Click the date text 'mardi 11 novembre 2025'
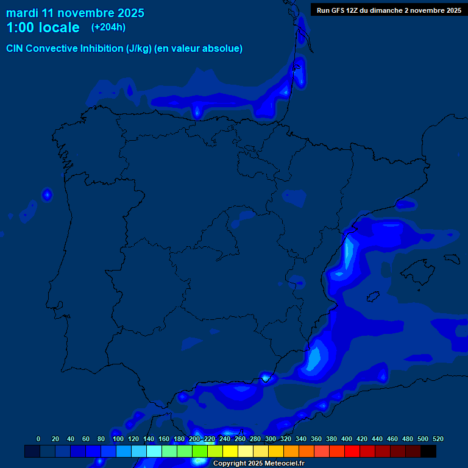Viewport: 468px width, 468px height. coord(75,13)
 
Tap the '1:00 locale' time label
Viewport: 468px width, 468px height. coord(43,27)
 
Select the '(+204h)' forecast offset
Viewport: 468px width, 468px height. coord(108,27)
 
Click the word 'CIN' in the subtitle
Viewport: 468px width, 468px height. coord(16,49)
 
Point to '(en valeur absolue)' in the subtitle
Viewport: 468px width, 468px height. coord(199,49)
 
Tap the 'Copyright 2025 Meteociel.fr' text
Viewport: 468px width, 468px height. coord(259,463)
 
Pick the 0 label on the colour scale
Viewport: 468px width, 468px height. coord(38,439)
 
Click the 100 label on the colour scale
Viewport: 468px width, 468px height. coord(118,439)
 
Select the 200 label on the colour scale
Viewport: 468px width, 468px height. coord(194,439)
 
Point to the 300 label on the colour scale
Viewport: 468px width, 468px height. coord(271,439)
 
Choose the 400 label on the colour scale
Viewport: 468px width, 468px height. coord(347,439)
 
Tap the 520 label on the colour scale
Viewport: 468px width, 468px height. coord(438,439)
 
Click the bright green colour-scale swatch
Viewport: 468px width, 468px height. coord(200,452)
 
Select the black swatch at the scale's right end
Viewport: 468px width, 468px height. coord(428,452)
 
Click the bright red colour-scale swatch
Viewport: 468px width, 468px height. coord(352,452)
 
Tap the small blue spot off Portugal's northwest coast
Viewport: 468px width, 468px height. coord(47,195)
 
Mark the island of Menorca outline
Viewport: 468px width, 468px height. coord(451,258)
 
